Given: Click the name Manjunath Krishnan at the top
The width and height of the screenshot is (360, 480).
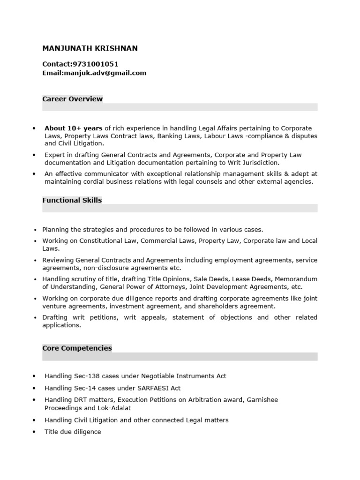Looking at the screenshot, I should [x=90, y=49].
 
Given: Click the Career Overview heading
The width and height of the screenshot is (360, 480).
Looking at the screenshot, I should [x=73, y=99].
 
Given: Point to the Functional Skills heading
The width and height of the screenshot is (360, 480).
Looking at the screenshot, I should [x=72, y=200].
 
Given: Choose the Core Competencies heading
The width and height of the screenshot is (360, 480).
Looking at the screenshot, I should [x=77, y=348].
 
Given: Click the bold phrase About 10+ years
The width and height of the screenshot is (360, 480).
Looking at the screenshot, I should [x=74, y=128].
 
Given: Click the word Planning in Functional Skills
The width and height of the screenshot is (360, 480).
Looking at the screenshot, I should [x=55, y=230].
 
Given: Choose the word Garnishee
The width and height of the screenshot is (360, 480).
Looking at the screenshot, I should [x=261, y=400].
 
